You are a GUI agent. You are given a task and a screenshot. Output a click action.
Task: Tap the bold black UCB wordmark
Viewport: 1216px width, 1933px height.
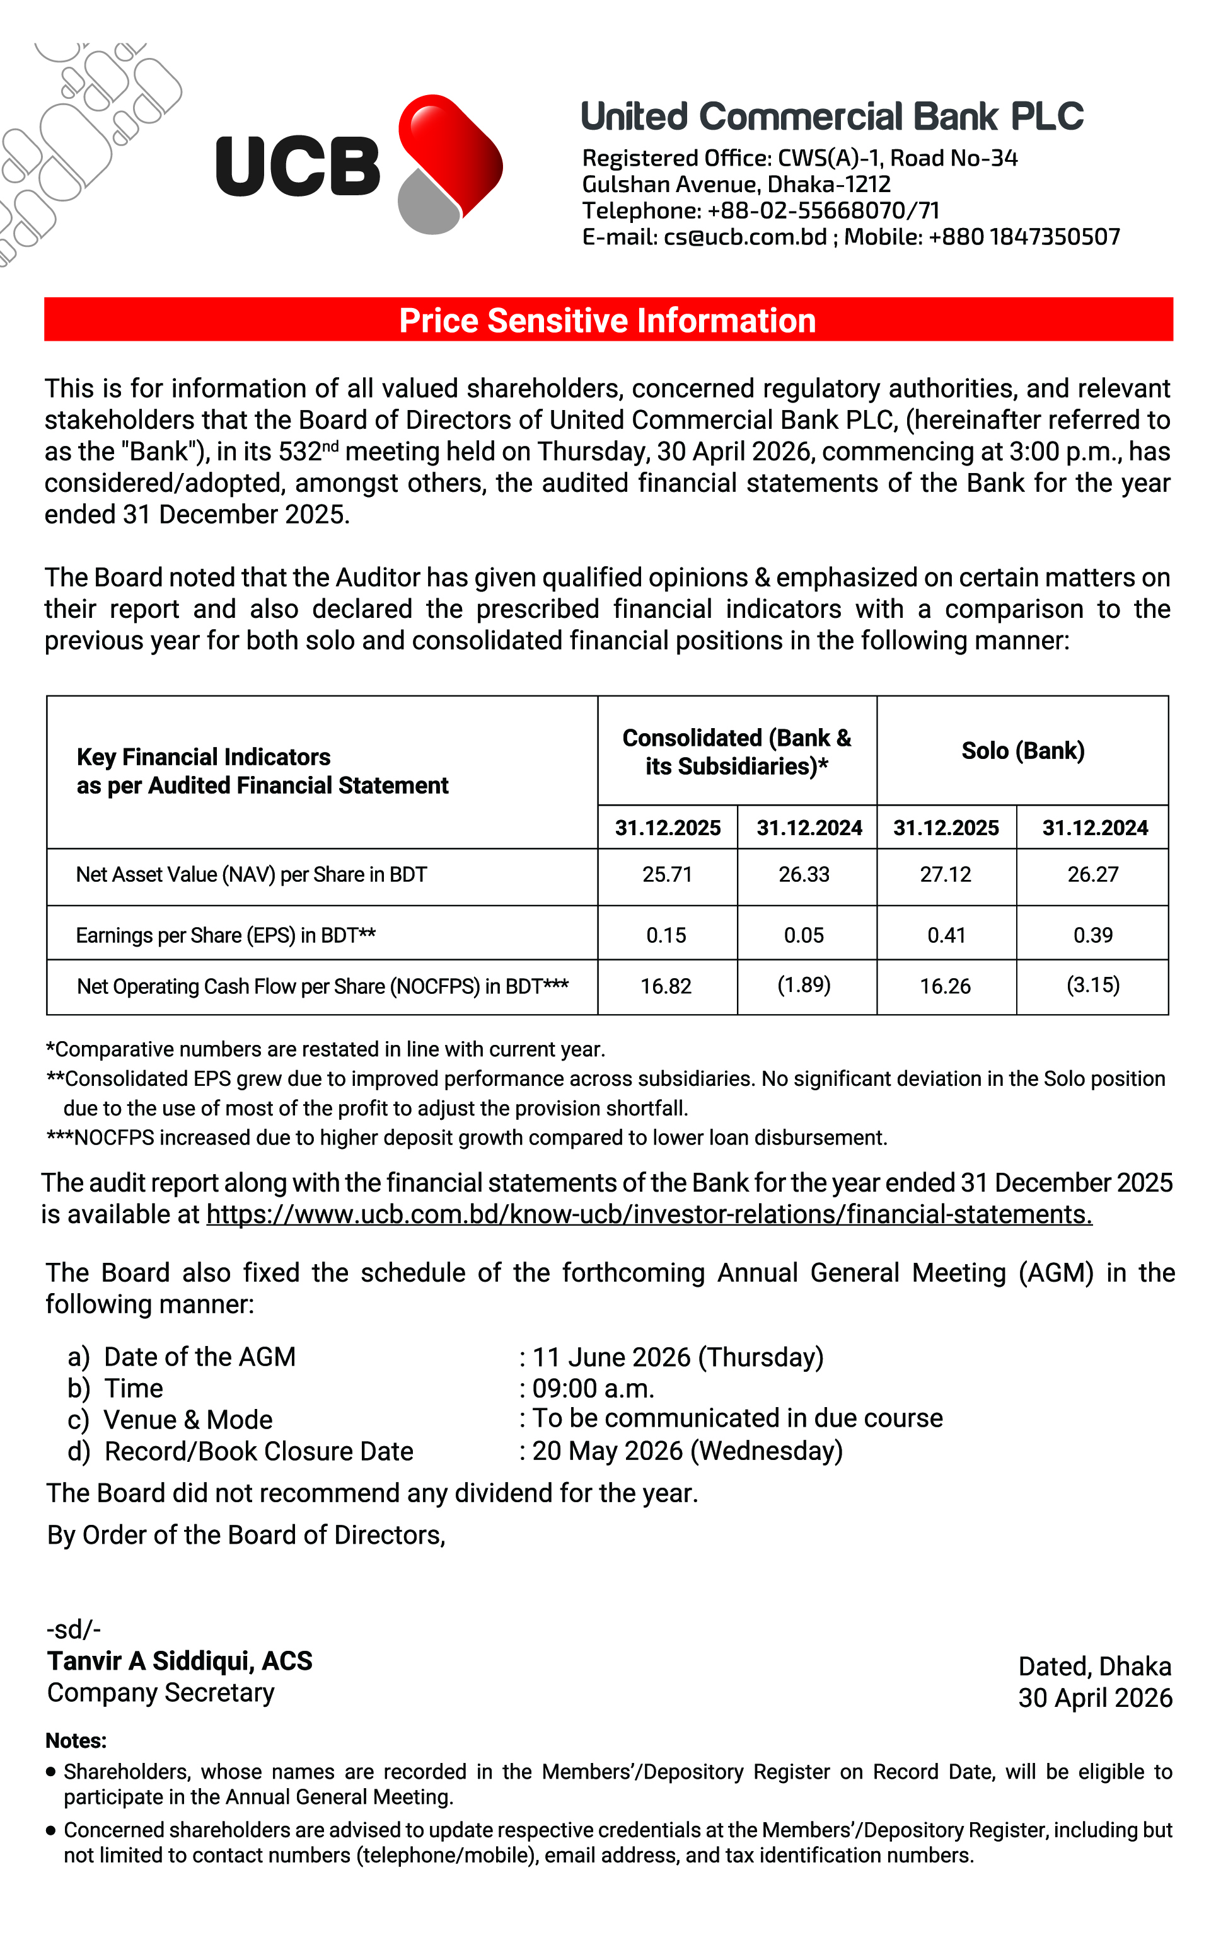click(297, 166)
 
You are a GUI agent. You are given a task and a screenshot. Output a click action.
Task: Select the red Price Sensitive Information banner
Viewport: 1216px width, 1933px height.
click(608, 319)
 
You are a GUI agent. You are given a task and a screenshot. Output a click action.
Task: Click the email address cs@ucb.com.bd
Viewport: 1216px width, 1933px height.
click(744, 237)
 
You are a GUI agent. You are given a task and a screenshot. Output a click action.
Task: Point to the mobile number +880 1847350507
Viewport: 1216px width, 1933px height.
click(1023, 237)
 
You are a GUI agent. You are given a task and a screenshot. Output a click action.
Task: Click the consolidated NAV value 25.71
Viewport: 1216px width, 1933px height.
click(667, 874)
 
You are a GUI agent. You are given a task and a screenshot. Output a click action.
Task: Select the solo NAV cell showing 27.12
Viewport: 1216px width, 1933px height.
click(946, 874)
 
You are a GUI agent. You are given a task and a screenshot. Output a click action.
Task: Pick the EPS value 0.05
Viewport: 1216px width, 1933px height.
click(804, 935)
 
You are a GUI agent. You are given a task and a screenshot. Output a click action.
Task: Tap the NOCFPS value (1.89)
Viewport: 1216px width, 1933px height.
click(804, 985)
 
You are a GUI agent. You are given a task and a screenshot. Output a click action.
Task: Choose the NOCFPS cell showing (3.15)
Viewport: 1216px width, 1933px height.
click(1092, 985)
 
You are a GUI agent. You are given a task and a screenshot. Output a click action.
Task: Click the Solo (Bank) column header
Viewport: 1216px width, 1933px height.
click(1022, 751)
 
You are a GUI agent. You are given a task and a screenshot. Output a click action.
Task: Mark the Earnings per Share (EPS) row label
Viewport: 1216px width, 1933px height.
click(226, 935)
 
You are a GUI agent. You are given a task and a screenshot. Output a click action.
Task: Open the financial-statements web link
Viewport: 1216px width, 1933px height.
click(649, 1214)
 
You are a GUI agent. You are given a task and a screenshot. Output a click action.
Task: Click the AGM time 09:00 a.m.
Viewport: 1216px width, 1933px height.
click(593, 1388)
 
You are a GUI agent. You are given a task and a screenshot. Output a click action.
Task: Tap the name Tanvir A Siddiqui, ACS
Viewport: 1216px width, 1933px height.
click(180, 1661)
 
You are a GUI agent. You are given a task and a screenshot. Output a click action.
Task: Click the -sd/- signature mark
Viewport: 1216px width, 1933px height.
click(74, 1629)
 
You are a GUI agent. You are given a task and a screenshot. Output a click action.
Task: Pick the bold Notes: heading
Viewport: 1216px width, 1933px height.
click(76, 1740)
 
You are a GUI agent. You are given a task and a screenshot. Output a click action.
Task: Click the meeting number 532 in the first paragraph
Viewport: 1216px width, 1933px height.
click(299, 452)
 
